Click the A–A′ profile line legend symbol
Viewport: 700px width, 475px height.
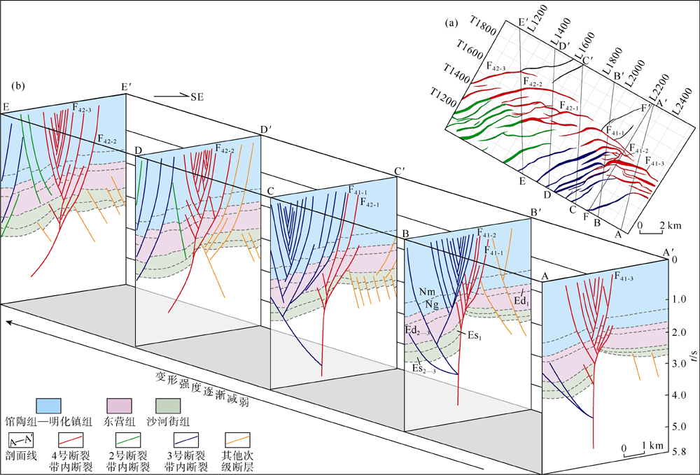20,439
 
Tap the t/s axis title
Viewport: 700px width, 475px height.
692,356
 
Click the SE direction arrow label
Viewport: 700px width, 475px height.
196,97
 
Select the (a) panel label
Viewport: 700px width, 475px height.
451,23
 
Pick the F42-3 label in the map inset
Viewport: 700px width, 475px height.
497,66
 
